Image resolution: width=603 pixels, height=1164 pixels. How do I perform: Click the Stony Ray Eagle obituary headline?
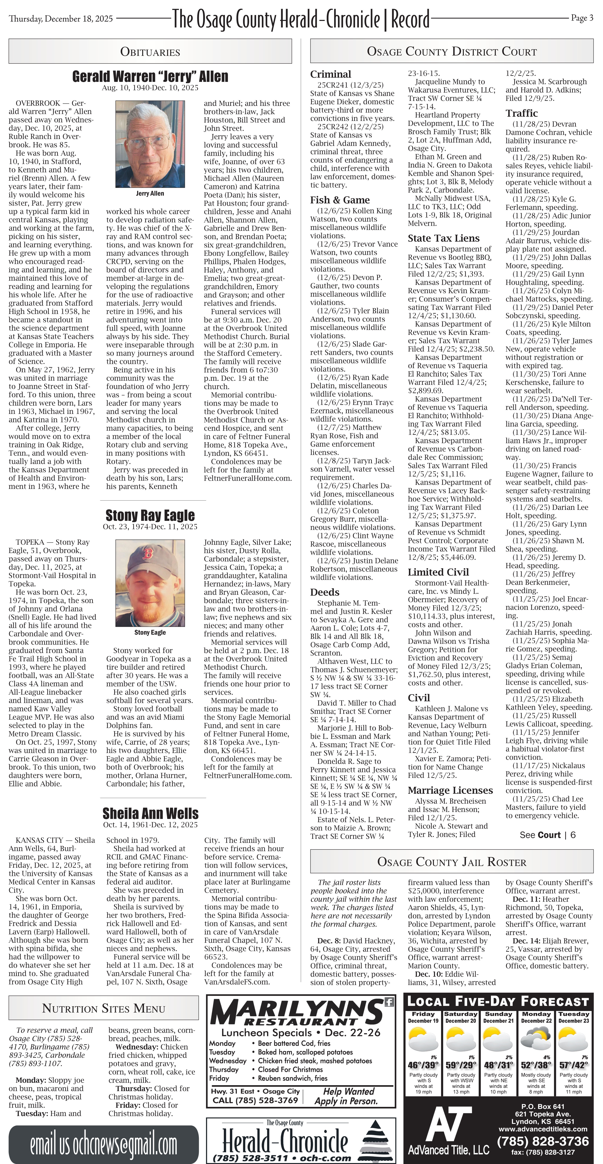150,515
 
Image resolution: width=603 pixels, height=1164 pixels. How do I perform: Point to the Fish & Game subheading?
340,200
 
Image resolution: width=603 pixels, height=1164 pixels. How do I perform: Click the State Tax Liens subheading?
444,238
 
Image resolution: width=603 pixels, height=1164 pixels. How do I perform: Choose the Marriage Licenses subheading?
450,790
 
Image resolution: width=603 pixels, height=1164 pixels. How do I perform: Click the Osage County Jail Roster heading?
452,862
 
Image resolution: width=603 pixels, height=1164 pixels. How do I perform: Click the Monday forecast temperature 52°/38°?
536,1065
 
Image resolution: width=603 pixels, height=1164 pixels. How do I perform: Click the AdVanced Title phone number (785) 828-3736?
543,1141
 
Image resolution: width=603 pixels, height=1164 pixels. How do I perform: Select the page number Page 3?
582,18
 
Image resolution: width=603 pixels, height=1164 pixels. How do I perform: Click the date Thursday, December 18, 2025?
61,18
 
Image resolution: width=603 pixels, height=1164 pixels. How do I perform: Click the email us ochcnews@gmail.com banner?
104,1145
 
